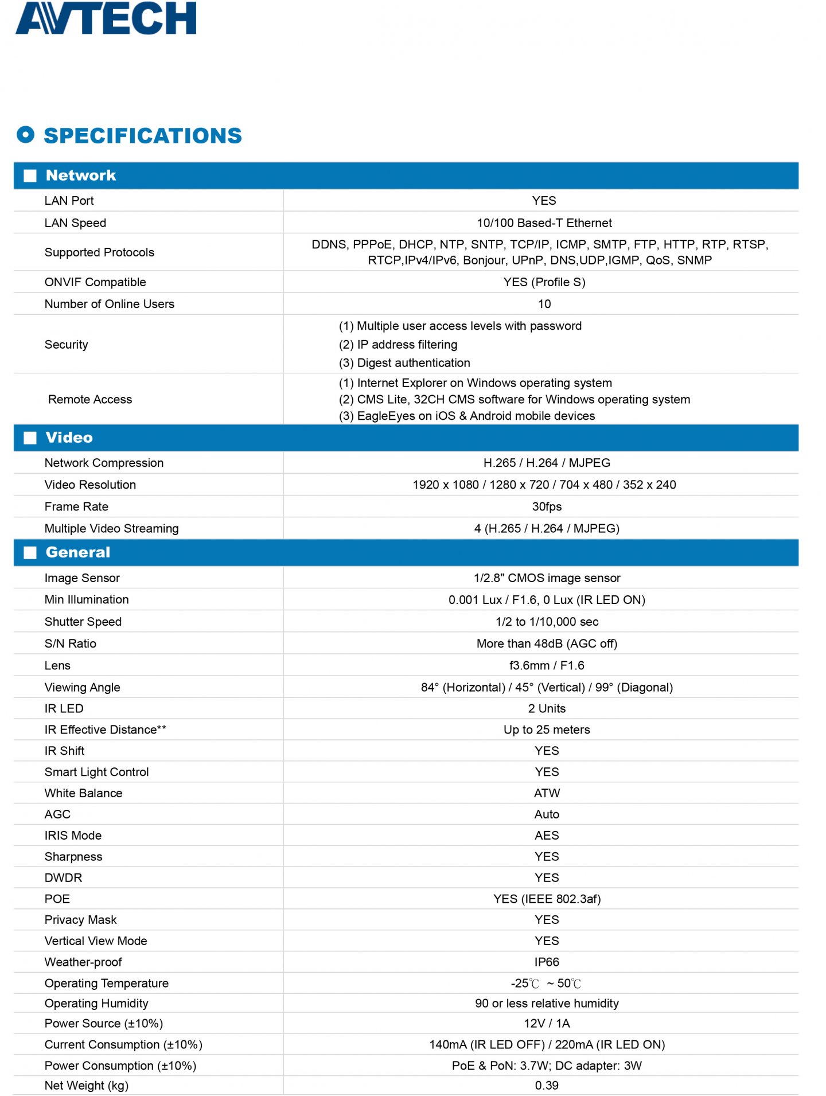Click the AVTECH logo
pyautogui.click(x=106, y=18)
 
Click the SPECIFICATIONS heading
pyautogui.click(x=142, y=136)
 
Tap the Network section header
pyautogui.click(x=81, y=175)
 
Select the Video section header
pyautogui.click(x=69, y=438)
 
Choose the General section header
pyautogui.click(x=77, y=552)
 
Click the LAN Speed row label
pyautogui.click(x=75, y=223)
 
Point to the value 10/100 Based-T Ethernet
pyautogui.click(x=544, y=223)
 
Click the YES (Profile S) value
pyautogui.click(x=544, y=282)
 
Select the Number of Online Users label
pyautogui.click(x=109, y=304)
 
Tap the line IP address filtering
pyautogui.click(x=398, y=345)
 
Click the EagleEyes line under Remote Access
pyautogui.click(x=467, y=416)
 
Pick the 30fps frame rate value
pyautogui.click(x=547, y=506)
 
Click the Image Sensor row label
pyautogui.click(x=82, y=578)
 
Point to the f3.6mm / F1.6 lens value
pyautogui.click(x=547, y=665)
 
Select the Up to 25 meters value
pyautogui.click(x=547, y=730)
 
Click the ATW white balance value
pyautogui.click(x=547, y=793)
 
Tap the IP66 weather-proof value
pyautogui.click(x=547, y=962)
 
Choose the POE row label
pyautogui.click(x=57, y=899)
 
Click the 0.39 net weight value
pyautogui.click(x=547, y=1085)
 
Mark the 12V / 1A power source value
pyautogui.click(x=547, y=1023)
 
